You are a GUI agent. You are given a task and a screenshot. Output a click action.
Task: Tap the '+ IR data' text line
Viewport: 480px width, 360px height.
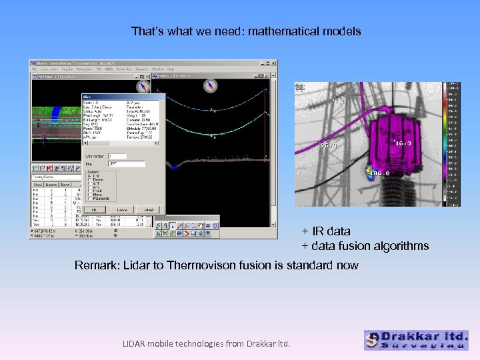pos(325,231)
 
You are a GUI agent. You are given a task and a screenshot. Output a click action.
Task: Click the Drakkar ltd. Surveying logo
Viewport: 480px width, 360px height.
pos(416,340)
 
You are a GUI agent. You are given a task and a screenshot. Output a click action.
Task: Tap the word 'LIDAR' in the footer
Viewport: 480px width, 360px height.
pos(138,343)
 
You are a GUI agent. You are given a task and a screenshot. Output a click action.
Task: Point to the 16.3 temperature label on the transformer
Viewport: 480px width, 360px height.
pos(404,143)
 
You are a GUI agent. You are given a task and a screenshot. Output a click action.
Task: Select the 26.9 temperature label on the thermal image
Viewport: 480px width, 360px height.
pos(329,145)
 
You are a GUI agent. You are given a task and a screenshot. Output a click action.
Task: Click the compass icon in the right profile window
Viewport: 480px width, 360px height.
pos(212,85)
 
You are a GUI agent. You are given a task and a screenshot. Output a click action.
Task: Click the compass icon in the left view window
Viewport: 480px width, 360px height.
pos(141,86)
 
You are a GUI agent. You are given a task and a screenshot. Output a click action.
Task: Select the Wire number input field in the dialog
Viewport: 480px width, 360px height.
pos(131,157)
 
